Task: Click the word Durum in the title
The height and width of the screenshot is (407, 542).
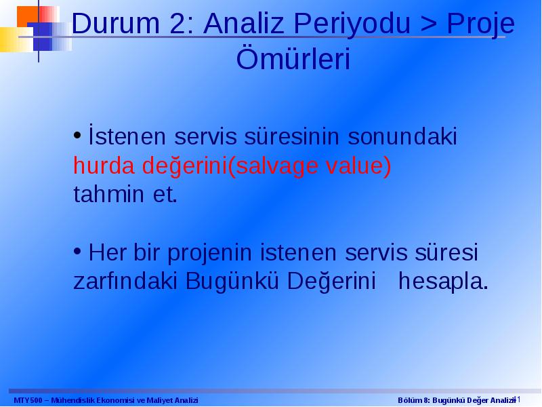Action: tap(116, 23)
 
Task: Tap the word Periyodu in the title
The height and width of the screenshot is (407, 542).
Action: tap(352, 24)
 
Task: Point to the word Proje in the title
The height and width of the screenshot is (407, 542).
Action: tap(480, 24)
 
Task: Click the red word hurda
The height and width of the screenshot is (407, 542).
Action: tap(104, 165)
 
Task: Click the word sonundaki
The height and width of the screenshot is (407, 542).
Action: tap(402, 136)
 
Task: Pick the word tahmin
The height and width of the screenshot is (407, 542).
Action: tap(108, 194)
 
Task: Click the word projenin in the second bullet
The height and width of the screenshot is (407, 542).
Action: tap(209, 253)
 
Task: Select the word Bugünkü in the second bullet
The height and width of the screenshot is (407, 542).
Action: tap(232, 282)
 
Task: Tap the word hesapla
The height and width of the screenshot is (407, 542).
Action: tap(443, 282)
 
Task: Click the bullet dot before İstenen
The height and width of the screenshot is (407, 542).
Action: tap(77, 135)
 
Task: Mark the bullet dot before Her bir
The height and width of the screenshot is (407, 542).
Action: tap(77, 252)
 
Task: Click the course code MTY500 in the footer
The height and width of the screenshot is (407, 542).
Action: tap(28, 400)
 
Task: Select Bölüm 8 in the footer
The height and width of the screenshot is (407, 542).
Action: tap(413, 400)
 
